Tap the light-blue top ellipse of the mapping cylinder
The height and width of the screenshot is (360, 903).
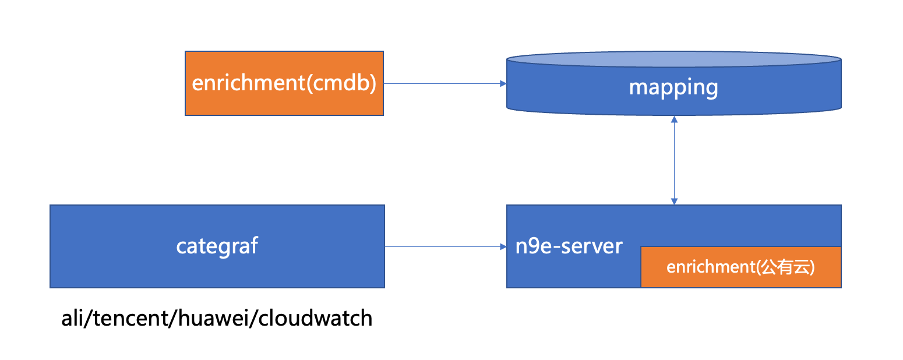coord(673,59)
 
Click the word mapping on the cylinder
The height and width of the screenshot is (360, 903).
coord(673,87)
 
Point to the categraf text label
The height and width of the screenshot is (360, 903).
coord(217,246)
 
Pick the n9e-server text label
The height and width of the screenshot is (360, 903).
coord(569,246)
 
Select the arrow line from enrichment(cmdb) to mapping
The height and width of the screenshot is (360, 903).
coord(443,83)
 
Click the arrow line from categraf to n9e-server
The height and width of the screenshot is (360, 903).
coord(443,246)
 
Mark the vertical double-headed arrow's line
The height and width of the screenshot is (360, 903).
coord(674,160)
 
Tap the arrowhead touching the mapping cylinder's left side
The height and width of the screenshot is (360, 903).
coord(503,83)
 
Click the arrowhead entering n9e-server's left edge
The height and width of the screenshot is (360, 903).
coord(503,246)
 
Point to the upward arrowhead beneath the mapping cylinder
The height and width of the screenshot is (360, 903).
coord(674,119)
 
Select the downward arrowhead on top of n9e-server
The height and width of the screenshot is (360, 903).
coord(674,202)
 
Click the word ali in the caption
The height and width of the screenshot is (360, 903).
coord(72,319)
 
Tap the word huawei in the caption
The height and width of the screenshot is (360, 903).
coord(212,319)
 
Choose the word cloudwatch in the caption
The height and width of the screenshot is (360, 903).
coord(315,319)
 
